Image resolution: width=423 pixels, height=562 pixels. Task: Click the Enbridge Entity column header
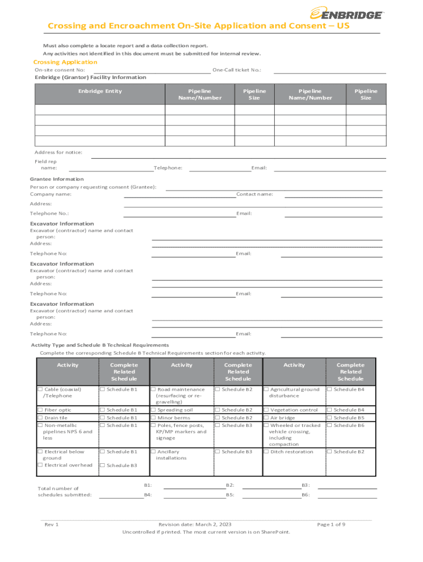pos(99,91)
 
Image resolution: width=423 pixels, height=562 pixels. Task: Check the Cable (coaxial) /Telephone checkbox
pos(40,390)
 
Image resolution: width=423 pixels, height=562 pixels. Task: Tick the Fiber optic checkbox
pos(40,410)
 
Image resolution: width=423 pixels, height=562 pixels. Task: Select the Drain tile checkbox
pos(40,418)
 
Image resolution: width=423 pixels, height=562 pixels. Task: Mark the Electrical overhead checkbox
pos(40,465)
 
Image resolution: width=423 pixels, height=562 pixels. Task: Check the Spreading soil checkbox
pos(153,410)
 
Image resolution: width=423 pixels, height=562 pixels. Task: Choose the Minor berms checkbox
pos(153,418)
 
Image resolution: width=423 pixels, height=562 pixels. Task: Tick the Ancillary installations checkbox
pos(153,452)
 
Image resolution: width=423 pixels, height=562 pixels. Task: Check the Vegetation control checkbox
pos(266,410)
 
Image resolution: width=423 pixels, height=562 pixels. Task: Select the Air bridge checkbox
pos(266,418)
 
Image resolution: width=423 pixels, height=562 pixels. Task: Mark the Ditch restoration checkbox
pos(266,452)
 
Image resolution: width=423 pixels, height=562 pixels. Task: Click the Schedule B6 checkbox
pos(330,425)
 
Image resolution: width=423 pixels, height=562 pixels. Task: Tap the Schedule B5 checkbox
pos(330,418)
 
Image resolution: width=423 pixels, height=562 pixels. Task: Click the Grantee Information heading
pos(57,179)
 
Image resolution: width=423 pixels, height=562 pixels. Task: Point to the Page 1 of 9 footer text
pos(331,525)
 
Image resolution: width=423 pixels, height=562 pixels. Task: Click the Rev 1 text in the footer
pos(52,525)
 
